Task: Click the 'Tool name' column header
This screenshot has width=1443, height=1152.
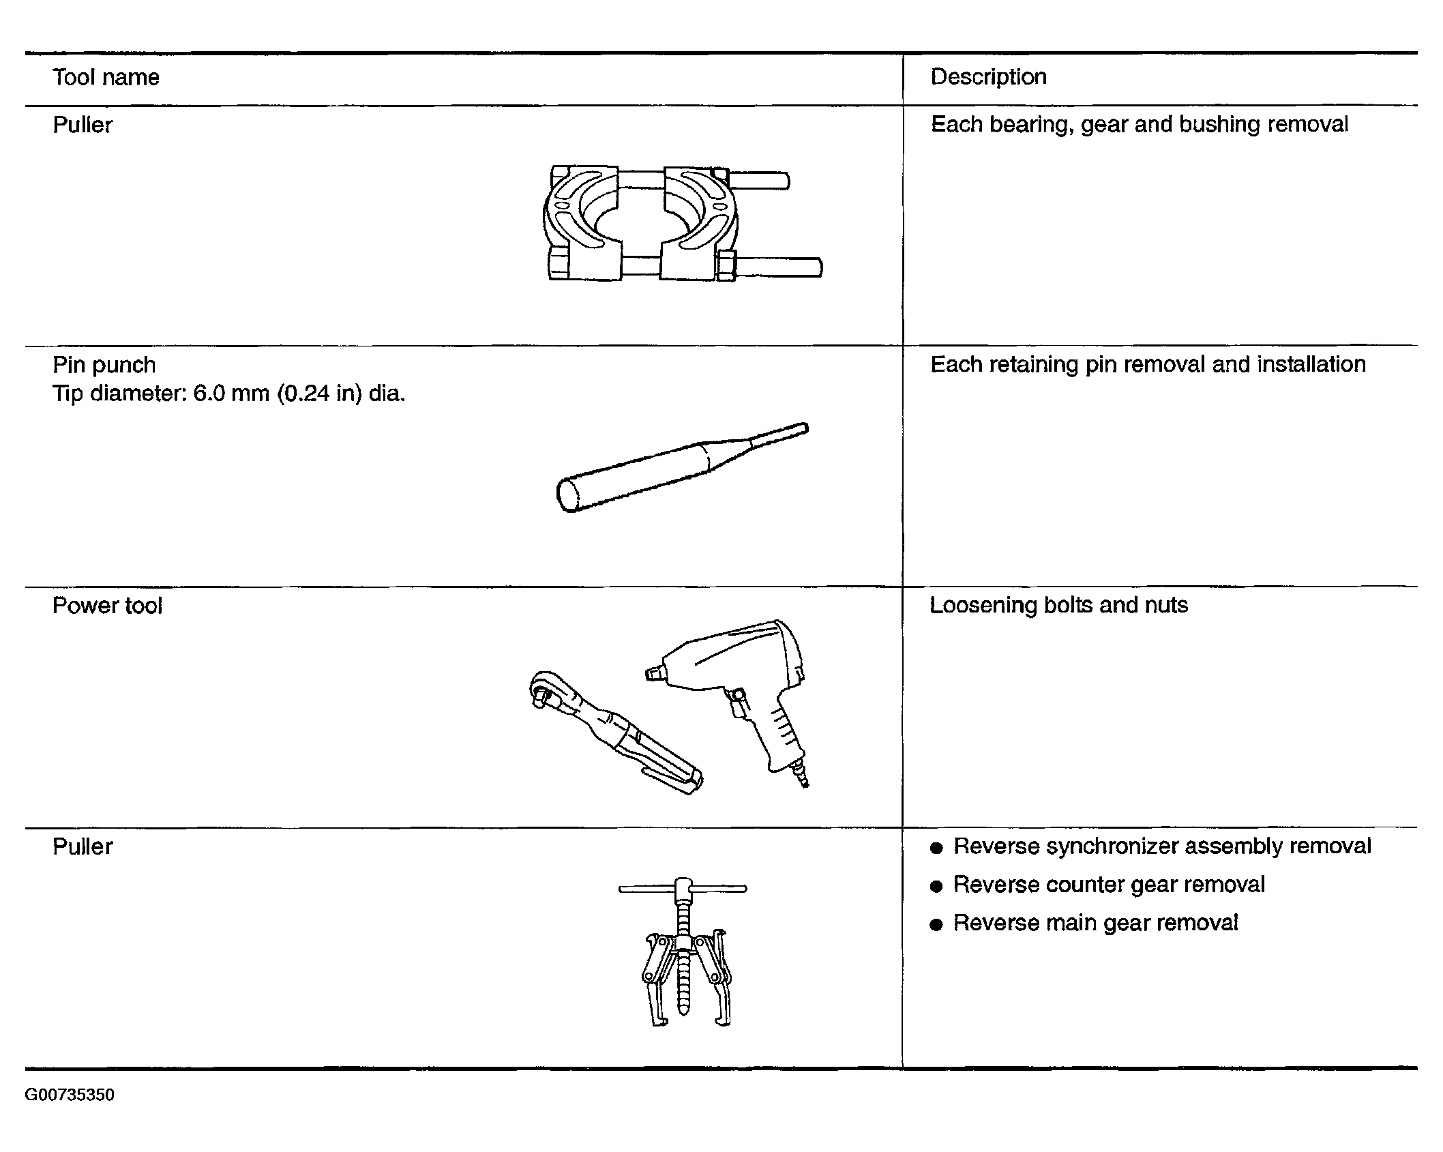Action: tap(106, 77)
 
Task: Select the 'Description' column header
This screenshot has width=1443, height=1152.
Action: tap(988, 77)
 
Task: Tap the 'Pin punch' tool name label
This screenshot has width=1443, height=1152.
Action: tap(104, 366)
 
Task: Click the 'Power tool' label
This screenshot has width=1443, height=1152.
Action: tap(107, 606)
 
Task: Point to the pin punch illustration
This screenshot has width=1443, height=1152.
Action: tap(682, 467)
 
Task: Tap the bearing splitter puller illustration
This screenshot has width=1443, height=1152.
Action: tap(682, 222)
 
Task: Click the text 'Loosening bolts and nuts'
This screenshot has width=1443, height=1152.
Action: tap(1058, 605)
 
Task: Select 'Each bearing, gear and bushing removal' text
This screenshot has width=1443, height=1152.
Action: tap(1140, 124)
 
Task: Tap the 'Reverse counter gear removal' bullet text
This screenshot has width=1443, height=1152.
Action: tap(1109, 885)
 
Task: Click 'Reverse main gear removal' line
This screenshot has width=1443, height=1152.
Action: tap(1095, 923)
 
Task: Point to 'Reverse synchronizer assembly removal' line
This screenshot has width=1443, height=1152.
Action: tap(1162, 846)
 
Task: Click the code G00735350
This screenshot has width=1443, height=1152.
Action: tap(70, 1095)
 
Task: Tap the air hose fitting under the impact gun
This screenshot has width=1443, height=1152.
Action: tap(801, 778)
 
